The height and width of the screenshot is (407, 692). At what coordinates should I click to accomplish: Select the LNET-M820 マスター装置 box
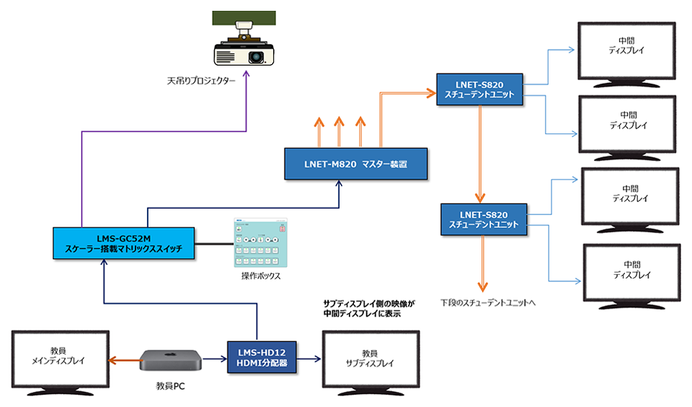click(x=355, y=164)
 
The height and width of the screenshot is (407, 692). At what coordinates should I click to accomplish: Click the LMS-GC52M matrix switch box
click(x=124, y=243)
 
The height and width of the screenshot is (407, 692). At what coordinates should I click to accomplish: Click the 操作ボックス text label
click(x=260, y=276)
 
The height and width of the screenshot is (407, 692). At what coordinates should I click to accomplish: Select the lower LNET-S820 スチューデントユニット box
click(x=484, y=219)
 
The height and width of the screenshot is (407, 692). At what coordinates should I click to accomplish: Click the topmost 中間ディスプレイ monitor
click(x=626, y=48)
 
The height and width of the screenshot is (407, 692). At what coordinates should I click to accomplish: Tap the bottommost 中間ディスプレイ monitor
click(x=631, y=271)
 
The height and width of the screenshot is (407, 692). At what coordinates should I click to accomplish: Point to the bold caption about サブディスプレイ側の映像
click(x=368, y=310)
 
